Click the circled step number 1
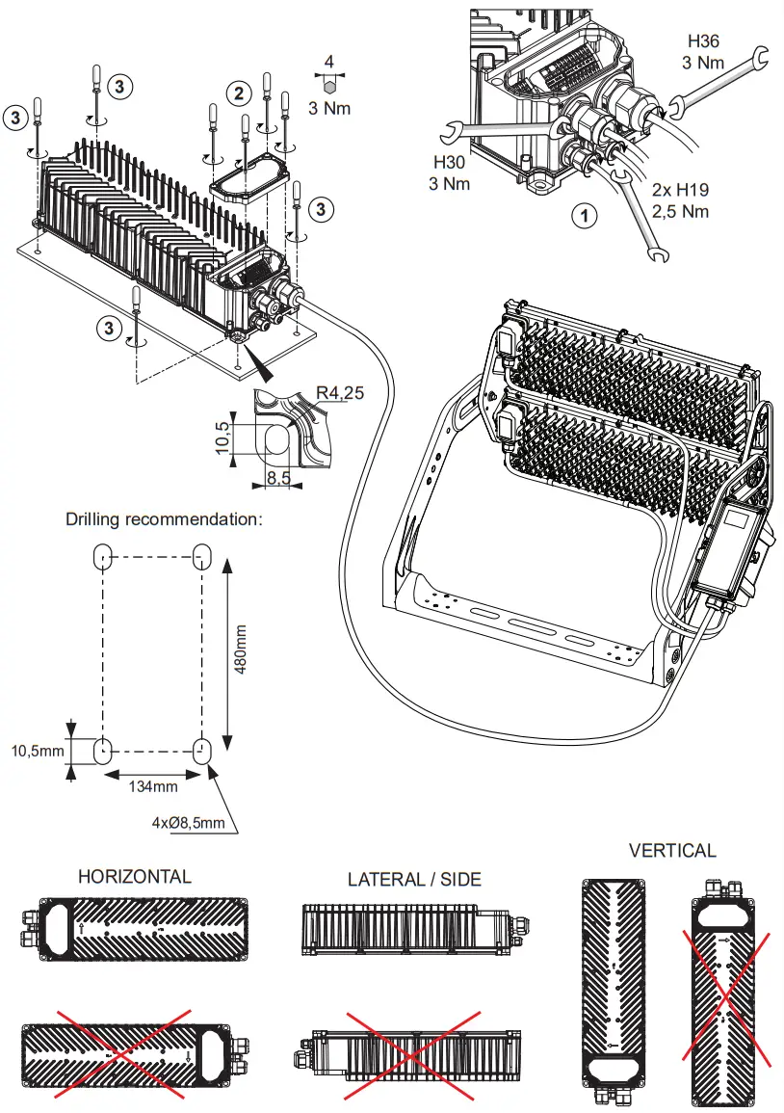point(584,215)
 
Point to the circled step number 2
point(238,93)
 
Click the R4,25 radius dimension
point(338,393)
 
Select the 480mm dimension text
point(241,653)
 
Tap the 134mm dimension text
point(152,786)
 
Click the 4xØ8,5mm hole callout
point(190,822)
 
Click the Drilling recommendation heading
point(164,518)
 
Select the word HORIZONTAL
point(134,876)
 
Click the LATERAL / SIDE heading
point(414,879)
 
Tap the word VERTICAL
point(672,850)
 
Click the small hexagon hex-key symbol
point(329,84)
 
